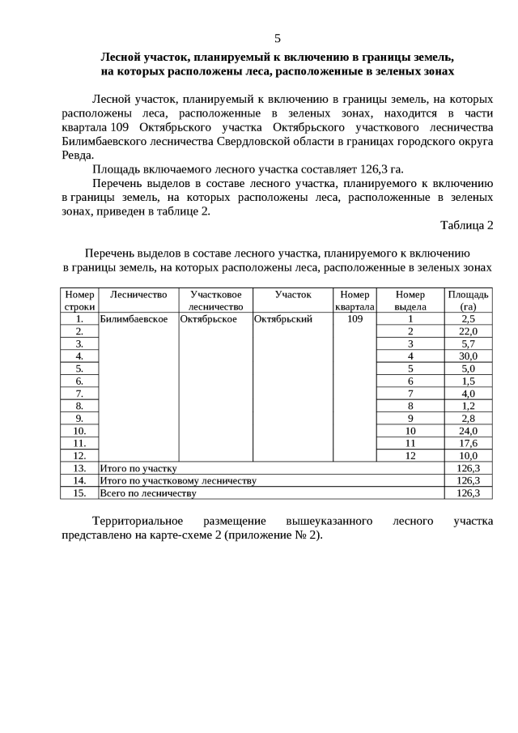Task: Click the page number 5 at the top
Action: pyautogui.click(x=278, y=38)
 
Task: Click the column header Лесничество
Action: pyautogui.click(x=138, y=295)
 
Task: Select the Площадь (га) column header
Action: pyautogui.click(x=468, y=300)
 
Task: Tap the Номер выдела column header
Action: pyautogui.click(x=410, y=300)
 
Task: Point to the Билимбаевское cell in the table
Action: pyautogui.click(x=134, y=319)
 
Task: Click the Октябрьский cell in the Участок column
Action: pyautogui.click(x=283, y=319)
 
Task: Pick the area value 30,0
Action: pyautogui.click(x=468, y=356)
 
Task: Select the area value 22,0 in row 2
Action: pyautogui.click(x=468, y=331)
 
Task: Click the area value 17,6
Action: pyautogui.click(x=468, y=443)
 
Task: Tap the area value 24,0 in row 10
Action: pyautogui.click(x=468, y=431)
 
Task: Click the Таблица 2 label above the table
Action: pyautogui.click(x=466, y=224)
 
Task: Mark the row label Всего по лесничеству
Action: pyautogui.click(x=147, y=492)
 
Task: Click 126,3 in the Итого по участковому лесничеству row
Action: pyautogui.click(x=468, y=480)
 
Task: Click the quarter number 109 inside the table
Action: pyautogui.click(x=355, y=319)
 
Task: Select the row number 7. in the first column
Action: pyautogui.click(x=79, y=394)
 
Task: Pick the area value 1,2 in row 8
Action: pyautogui.click(x=468, y=406)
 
